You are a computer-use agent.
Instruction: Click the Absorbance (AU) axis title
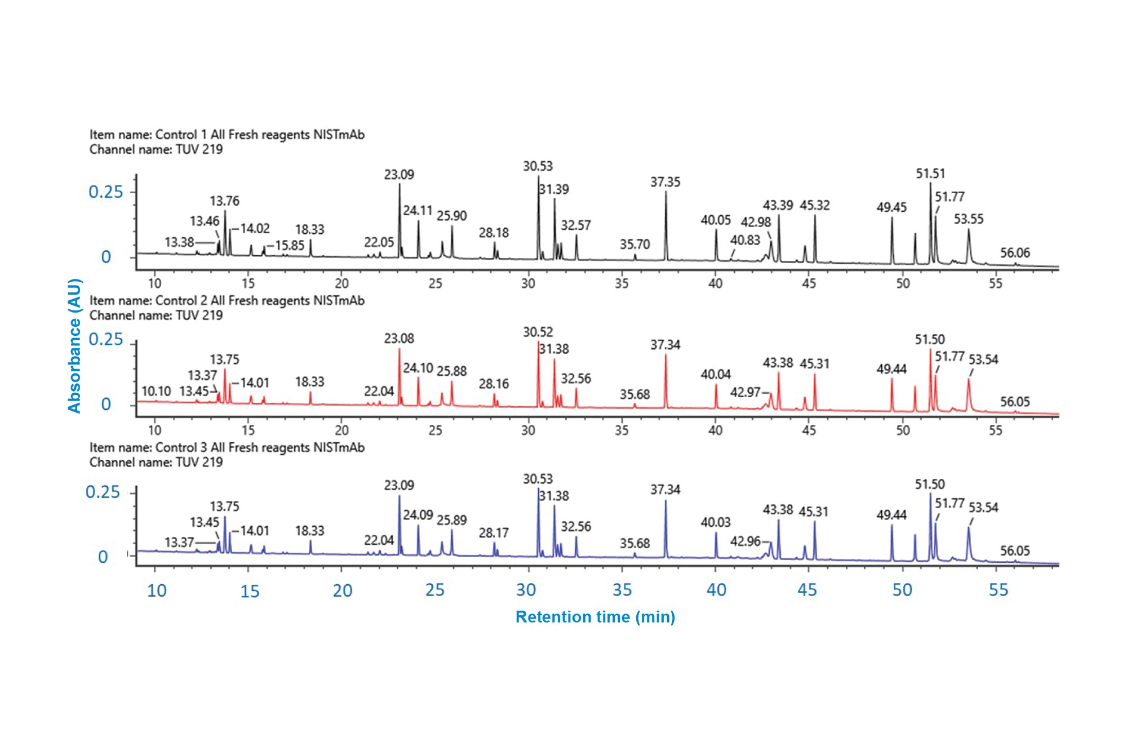pyautogui.click(x=74, y=346)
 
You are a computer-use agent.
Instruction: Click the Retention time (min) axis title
pyautogui.click(x=595, y=617)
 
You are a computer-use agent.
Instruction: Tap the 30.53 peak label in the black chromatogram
pyautogui.click(x=538, y=166)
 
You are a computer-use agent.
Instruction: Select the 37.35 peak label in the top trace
pyautogui.click(x=665, y=182)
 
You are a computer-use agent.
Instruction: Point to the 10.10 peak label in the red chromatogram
pyautogui.click(x=156, y=391)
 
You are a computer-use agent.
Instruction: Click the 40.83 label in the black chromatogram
pyautogui.click(x=745, y=240)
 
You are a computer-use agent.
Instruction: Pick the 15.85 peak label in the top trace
pyautogui.click(x=289, y=245)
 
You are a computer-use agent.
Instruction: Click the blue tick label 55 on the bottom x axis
pyautogui.click(x=998, y=590)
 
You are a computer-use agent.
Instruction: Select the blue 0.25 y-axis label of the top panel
pyautogui.click(x=105, y=192)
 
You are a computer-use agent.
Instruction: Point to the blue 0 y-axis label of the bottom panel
pyautogui.click(x=103, y=557)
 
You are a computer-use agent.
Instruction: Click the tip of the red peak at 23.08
pyautogui.click(x=399, y=349)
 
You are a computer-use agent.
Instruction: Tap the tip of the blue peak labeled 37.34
pyautogui.click(x=665, y=501)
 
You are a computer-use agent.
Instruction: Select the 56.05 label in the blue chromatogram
pyautogui.click(x=1014, y=550)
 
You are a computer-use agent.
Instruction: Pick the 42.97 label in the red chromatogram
pyautogui.click(x=745, y=392)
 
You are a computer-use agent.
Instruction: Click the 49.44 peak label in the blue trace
pyautogui.click(x=891, y=515)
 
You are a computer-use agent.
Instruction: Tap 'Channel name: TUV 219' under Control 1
pyautogui.click(x=156, y=149)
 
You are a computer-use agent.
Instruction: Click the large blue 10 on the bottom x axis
pyautogui.click(x=157, y=590)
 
